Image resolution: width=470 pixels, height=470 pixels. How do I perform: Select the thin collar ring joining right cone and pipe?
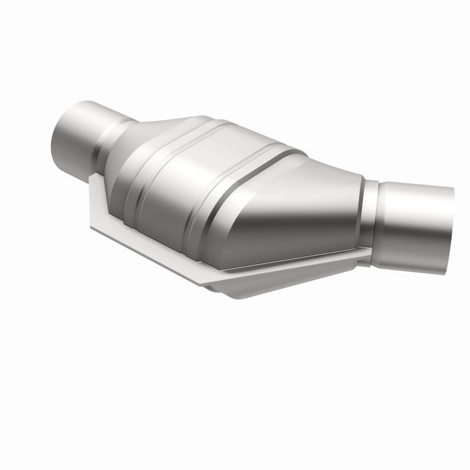pos(367,215)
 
